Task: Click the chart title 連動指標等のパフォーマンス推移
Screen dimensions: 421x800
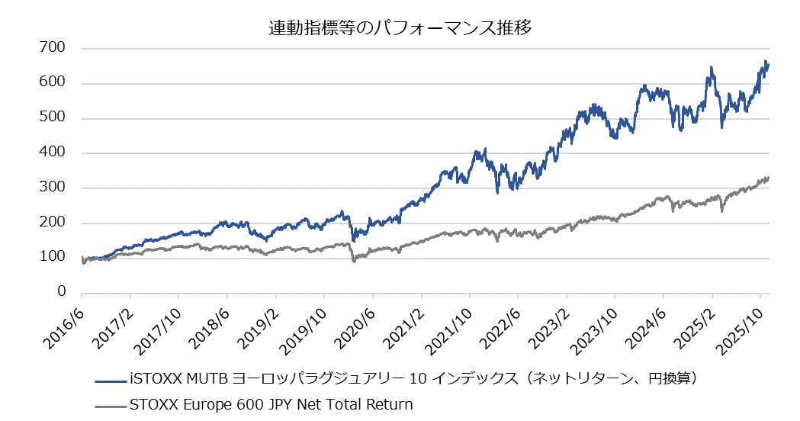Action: coord(400,29)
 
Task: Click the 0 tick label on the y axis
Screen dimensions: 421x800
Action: coord(61,292)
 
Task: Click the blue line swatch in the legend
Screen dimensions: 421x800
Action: coord(111,379)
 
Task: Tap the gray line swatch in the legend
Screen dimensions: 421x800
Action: coord(111,404)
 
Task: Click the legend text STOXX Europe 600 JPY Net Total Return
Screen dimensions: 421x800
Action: coord(271,404)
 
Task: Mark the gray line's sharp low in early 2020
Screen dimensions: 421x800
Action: coord(354,262)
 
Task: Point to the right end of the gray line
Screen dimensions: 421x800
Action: coord(769,178)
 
